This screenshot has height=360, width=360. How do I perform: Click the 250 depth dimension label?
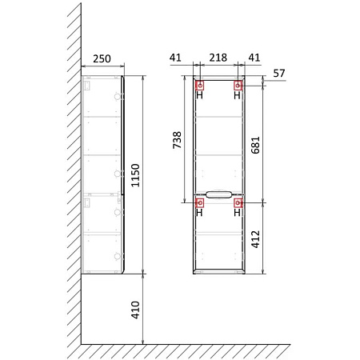(102, 58)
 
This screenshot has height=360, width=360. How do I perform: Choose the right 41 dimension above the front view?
(255, 58)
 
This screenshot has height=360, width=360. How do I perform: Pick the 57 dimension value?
(278, 73)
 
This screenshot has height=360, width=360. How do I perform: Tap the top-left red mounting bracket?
(199, 84)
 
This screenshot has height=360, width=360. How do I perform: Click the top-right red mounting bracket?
(238, 84)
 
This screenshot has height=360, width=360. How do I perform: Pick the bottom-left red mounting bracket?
(199, 203)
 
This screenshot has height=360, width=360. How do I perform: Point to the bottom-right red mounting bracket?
(238, 203)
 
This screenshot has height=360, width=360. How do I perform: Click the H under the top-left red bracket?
(199, 95)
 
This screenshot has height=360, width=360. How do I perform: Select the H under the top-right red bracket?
(238, 95)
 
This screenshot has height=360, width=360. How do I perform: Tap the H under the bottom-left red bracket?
(199, 214)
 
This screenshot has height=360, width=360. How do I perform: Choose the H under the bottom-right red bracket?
(238, 214)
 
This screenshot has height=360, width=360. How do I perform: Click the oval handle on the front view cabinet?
(218, 193)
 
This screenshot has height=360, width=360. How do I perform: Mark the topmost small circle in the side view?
(118, 96)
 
